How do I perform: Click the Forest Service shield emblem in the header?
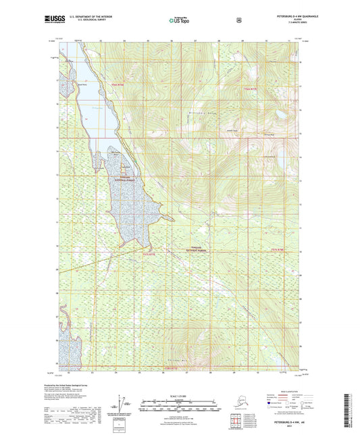(239, 20)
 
